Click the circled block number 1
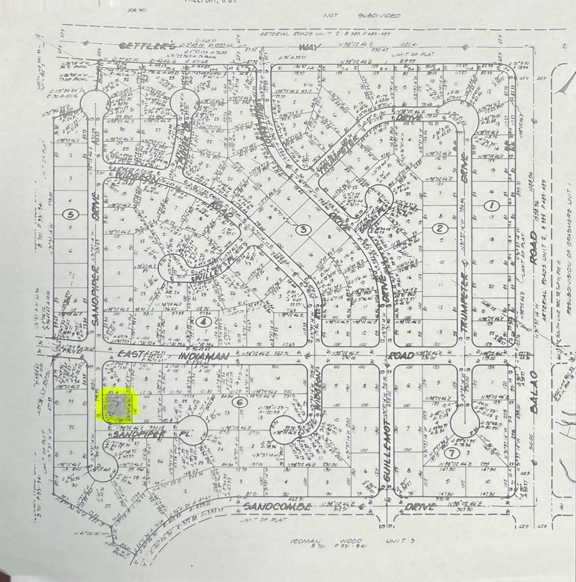491,205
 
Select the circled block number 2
439,229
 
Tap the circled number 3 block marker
303,229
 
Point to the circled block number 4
203,321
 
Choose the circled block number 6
239,402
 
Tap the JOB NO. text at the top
137,10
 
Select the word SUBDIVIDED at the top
379,16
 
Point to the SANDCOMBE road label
277,506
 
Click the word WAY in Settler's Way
309,47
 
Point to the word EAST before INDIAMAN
130,355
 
